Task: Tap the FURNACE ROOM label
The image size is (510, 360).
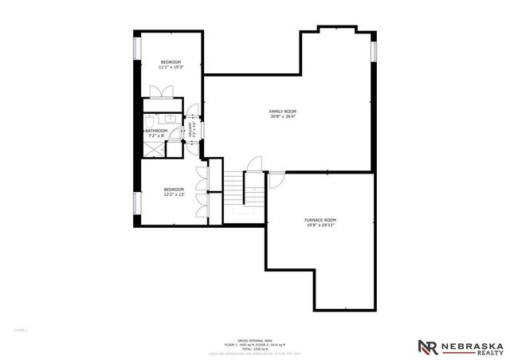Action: [320, 220]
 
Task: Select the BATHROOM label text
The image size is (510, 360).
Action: [156, 131]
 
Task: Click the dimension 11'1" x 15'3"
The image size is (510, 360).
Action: [171, 68]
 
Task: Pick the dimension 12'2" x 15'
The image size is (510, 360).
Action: [174, 194]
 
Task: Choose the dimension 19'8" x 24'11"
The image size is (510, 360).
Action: [320, 225]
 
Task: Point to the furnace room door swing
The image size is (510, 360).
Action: [274, 179]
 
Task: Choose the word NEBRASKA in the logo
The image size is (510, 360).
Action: [474, 343]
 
